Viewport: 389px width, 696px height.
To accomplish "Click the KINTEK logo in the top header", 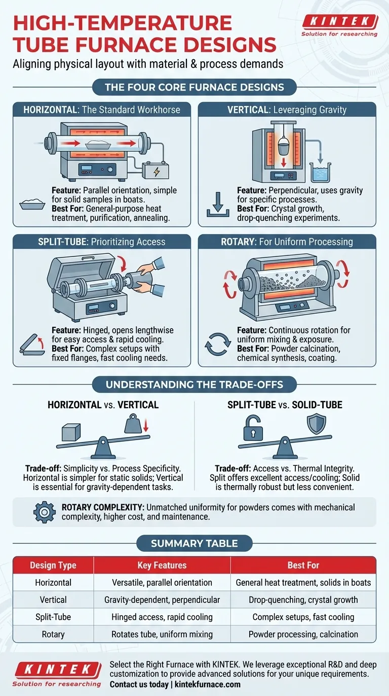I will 339,22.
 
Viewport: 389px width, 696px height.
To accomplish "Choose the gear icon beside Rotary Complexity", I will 44,511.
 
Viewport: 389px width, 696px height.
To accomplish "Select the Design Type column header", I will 53,565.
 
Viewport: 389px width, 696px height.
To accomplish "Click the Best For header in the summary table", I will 303,565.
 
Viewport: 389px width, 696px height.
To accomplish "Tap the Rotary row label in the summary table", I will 53,634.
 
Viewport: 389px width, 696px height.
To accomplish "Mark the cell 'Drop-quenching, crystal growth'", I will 303,599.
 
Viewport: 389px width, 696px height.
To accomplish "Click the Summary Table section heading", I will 194,544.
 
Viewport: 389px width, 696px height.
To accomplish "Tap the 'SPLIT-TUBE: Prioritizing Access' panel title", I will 102,241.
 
